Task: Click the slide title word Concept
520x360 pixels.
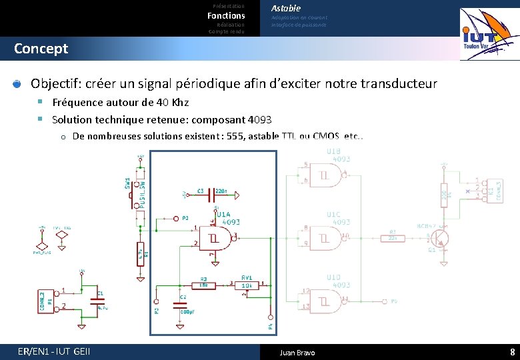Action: click(41, 49)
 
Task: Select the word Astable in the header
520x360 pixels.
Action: click(286, 8)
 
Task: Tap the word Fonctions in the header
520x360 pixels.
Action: click(226, 15)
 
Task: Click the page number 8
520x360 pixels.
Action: click(512, 352)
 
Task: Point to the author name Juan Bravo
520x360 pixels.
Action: click(297, 352)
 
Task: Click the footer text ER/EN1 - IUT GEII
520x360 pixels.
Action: click(54, 352)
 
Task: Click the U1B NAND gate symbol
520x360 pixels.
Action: click(329, 175)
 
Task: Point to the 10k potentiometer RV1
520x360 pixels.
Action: click(247, 285)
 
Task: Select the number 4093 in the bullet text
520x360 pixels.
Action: click(259, 120)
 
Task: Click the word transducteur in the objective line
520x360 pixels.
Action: click(399, 84)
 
